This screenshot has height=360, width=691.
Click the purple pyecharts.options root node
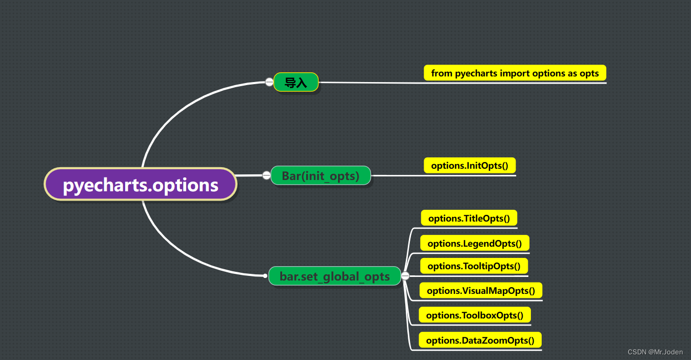click(140, 185)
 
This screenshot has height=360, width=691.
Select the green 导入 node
click(296, 83)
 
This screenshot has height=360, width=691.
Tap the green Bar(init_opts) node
click(321, 176)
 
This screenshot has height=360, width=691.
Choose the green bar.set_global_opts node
click(334, 276)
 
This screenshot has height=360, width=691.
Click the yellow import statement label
click(515, 73)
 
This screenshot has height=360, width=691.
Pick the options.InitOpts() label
click(469, 166)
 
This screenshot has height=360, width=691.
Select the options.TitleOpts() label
click(469, 218)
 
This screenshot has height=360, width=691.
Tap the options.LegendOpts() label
click(475, 244)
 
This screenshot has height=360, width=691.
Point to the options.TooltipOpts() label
click(473, 266)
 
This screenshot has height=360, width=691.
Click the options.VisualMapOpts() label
click(481, 291)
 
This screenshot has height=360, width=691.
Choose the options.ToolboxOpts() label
click(475, 315)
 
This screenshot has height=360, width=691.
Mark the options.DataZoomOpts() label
click(480, 341)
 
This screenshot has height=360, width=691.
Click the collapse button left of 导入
click(269, 82)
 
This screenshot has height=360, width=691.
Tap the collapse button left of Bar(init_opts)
click(266, 176)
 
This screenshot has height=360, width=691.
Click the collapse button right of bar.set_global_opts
click(405, 276)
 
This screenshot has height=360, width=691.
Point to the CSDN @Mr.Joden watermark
click(655, 352)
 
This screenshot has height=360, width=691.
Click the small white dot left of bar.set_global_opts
click(265, 276)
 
